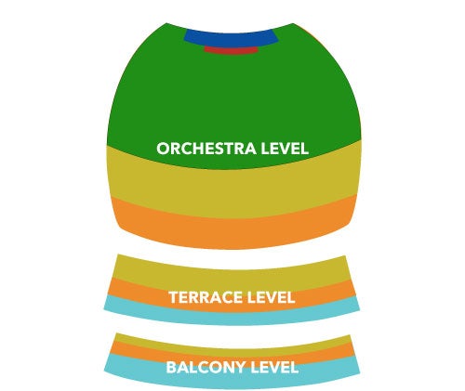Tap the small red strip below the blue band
[231, 50]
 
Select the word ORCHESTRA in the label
[206, 149]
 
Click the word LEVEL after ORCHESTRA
[285, 149]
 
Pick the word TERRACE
[206, 297]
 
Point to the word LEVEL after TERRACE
[271, 297]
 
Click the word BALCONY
[206, 368]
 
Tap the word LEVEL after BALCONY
[274, 368]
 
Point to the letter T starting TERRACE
[174, 297]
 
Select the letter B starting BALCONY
[171, 368]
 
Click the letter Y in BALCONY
[240, 368]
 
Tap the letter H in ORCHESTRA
[199, 149]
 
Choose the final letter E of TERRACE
[238, 297]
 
